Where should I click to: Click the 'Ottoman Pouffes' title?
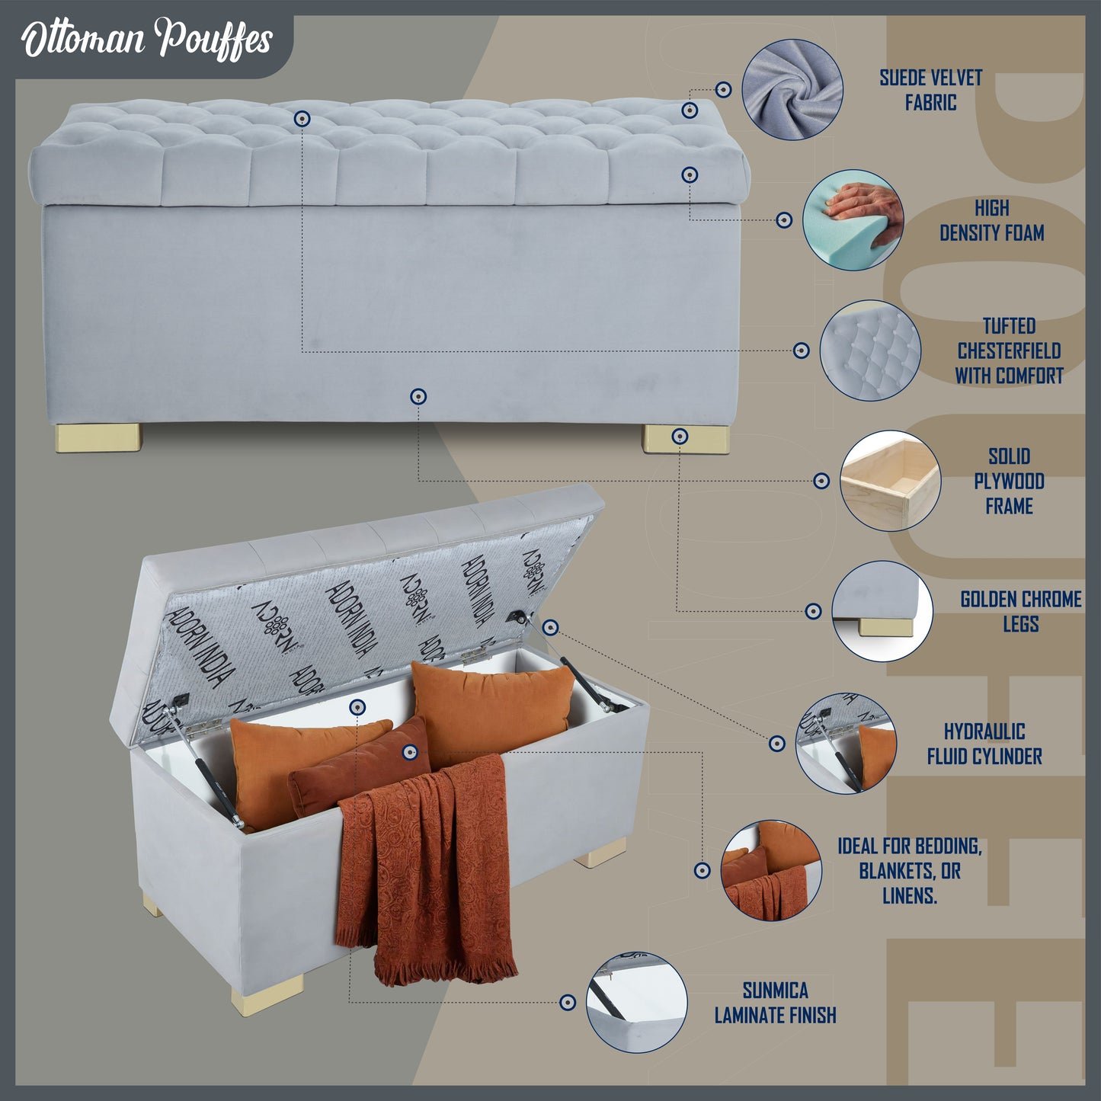146,40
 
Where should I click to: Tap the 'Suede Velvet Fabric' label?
930,90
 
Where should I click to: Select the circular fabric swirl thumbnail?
792,89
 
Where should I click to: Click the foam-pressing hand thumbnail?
853,219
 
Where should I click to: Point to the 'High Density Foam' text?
992,220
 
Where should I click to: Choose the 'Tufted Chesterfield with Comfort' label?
1009,350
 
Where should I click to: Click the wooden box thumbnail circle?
890,481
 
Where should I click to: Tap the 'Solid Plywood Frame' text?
1009,481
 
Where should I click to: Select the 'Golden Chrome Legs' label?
1020,611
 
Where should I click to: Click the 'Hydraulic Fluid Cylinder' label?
984,744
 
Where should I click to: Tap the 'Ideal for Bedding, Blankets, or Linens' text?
910,871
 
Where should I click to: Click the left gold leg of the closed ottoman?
98,437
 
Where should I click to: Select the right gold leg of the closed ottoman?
687,439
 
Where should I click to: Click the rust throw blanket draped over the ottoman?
426,873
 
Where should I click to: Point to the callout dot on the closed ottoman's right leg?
680,437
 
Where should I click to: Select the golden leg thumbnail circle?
882,611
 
